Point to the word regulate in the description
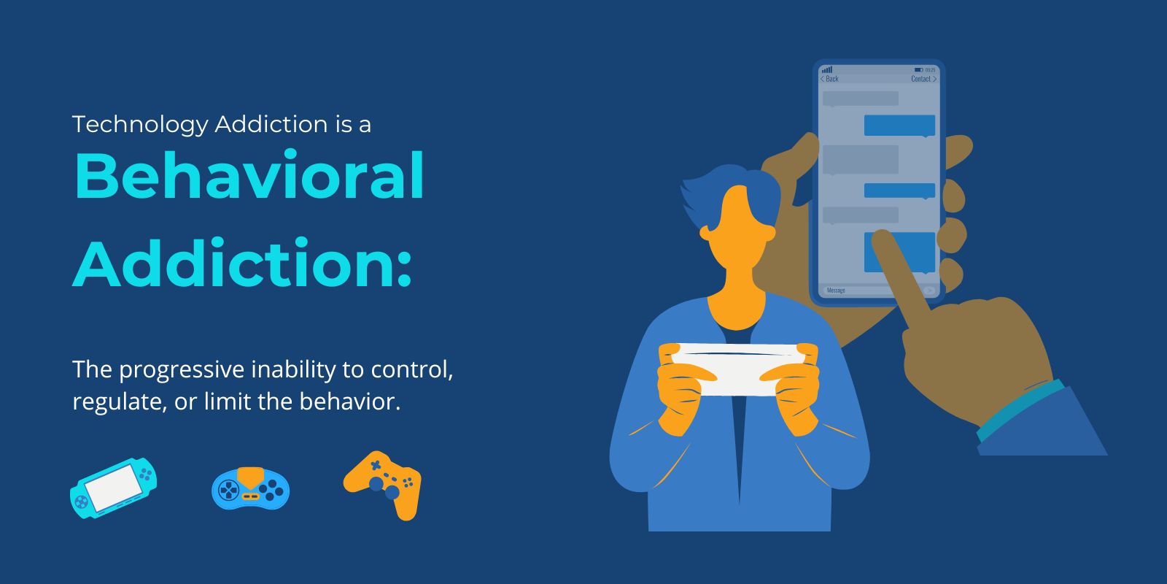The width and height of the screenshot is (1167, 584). pyautogui.click(x=117, y=401)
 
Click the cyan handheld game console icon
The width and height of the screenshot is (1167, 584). pyautogui.click(x=114, y=487)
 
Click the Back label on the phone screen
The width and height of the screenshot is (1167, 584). pyautogui.click(x=831, y=79)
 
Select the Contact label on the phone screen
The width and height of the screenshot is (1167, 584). pyautogui.click(x=922, y=79)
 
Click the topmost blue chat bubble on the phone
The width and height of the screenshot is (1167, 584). pyautogui.click(x=899, y=125)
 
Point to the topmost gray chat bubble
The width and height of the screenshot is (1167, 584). pyautogui.click(x=860, y=99)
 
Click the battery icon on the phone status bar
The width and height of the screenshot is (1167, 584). pyautogui.click(x=919, y=70)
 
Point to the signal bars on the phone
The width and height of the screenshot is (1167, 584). pyautogui.click(x=827, y=70)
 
